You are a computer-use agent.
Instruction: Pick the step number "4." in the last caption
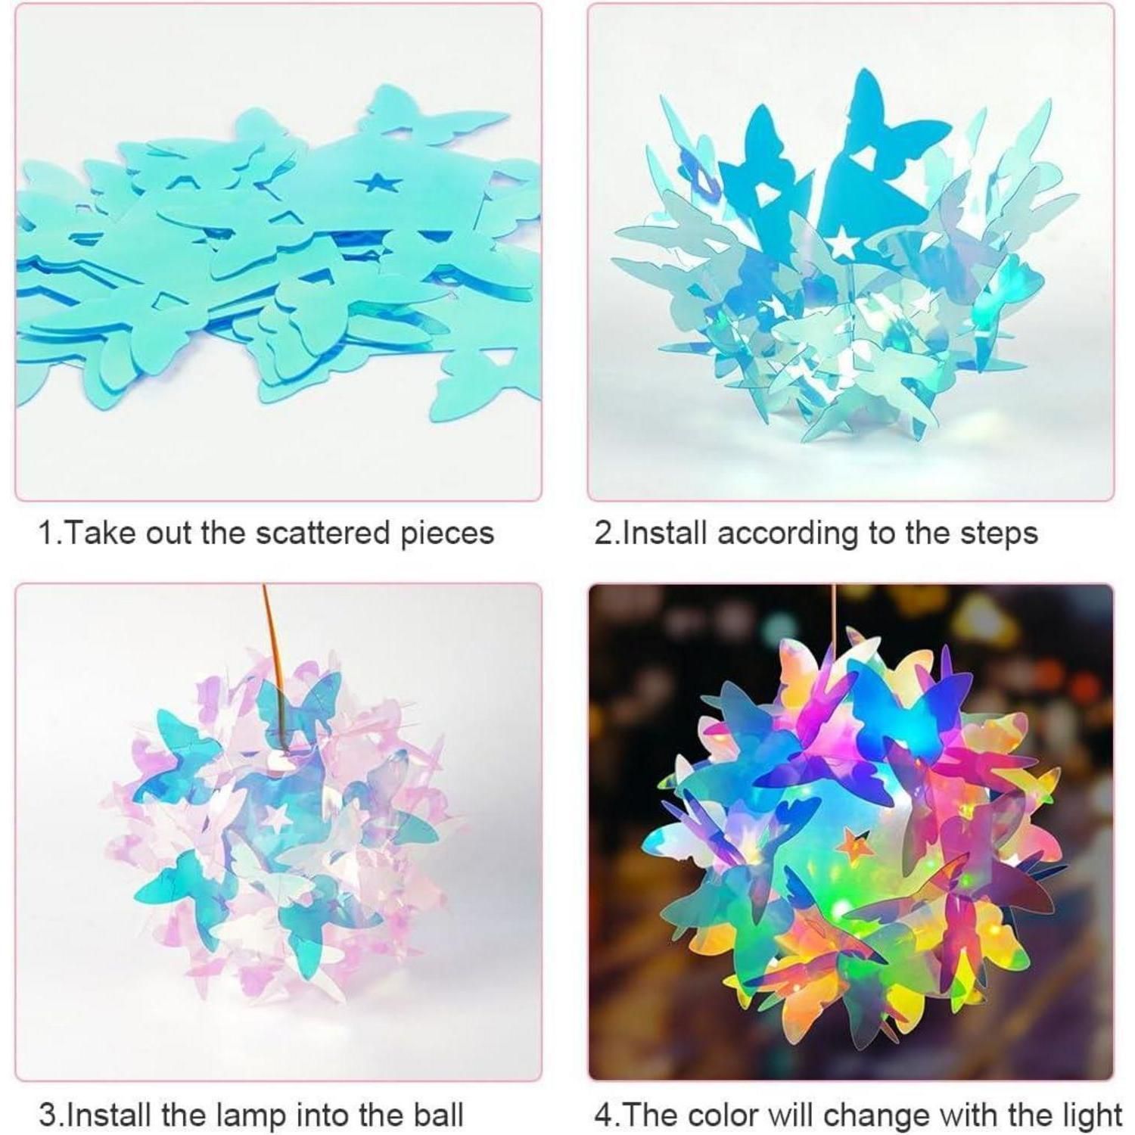coord(606,1115)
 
